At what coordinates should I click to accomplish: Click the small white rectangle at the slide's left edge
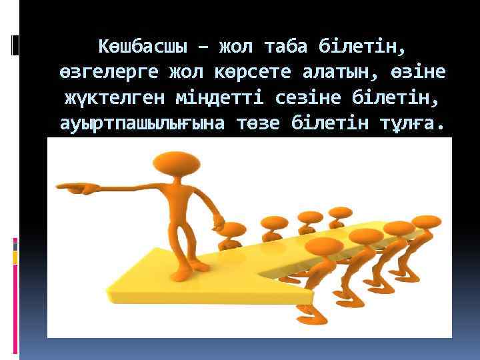click(x=15, y=45)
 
